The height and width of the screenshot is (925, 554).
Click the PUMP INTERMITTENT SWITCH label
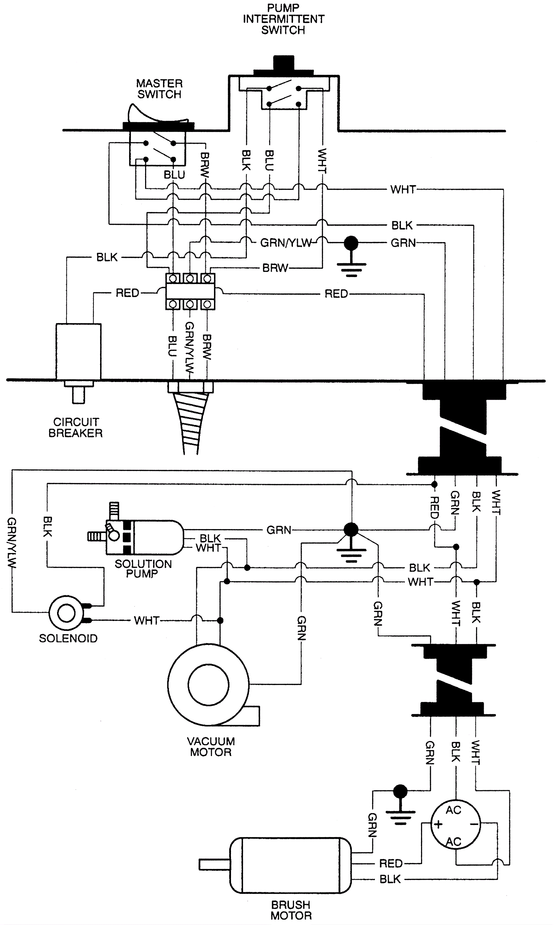pos(283,19)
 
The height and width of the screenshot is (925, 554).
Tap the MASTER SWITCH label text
pos(159,89)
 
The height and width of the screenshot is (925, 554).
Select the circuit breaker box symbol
pos(78,351)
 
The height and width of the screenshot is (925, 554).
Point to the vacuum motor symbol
pos(208,684)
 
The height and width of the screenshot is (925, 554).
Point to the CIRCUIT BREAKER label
pos(75,427)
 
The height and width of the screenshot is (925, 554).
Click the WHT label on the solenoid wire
pos(147,620)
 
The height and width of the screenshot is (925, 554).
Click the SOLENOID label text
pos(68,638)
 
